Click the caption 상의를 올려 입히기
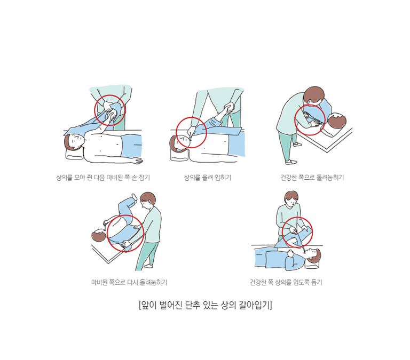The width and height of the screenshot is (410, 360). pyautogui.click(x=208, y=178)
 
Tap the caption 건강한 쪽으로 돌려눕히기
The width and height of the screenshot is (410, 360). pyautogui.click(x=312, y=178)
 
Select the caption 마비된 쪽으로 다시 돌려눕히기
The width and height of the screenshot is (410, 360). pyautogui.click(x=129, y=283)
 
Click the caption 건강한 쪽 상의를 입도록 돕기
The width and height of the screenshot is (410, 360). pyautogui.click(x=286, y=283)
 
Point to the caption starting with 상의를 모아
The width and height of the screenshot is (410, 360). pyautogui.click(x=103, y=178)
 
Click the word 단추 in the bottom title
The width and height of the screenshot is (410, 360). pyautogui.click(x=193, y=305)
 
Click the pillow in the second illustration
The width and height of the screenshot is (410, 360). pyautogui.click(x=179, y=155)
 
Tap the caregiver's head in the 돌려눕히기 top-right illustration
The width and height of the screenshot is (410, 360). pyautogui.click(x=314, y=95)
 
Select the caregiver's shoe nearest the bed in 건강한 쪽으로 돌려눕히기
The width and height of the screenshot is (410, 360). pyautogui.click(x=297, y=143)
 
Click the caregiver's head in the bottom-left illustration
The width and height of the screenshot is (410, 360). pyautogui.click(x=147, y=200)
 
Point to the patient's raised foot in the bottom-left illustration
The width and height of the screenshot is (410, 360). pyautogui.click(x=135, y=196)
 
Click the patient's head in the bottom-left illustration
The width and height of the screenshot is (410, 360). pyautogui.click(x=99, y=235)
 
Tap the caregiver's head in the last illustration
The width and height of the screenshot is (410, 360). pyautogui.click(x=291, y=198)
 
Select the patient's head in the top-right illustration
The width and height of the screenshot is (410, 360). pyautogui.click(x=337, y=122)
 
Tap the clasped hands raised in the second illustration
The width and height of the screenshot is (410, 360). pyautogui.click(x=229, y=108)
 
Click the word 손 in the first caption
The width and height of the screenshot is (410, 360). pyautogui.click(x=134, y=178)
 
